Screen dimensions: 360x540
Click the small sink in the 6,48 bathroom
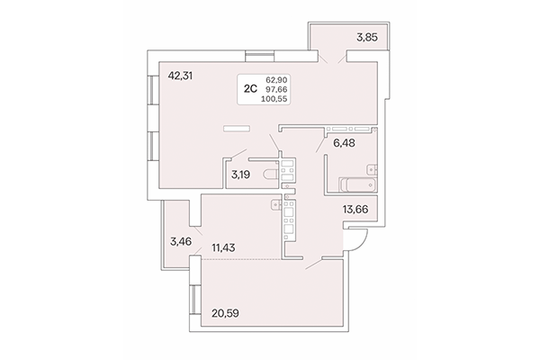371,166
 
